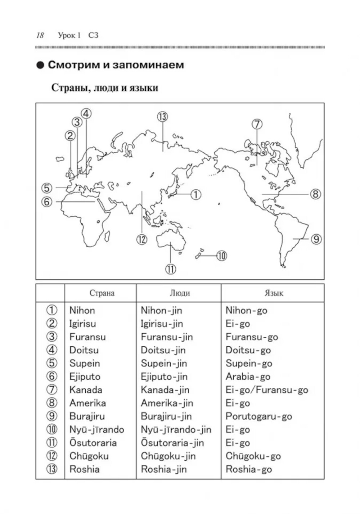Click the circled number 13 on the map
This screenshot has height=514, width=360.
(x=162, y=117)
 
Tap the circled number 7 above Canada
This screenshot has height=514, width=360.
(x=257, y=124)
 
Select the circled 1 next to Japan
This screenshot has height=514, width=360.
(x=195, y=195)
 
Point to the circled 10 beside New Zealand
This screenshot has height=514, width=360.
(x=221, y=256)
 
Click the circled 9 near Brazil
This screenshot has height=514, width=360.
(x=316, y=239)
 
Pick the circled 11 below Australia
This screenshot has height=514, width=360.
(x=170, y=269)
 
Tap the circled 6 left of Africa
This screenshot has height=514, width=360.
(x=47, y=202)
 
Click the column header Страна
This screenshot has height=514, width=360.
(x=102, y=293)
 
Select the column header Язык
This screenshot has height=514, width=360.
(x=274, y=293)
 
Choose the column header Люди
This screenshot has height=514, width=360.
(x=180, y=293)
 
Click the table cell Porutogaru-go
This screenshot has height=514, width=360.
(x=258, y=416)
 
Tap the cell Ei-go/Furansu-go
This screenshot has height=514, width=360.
(x=267, y=390)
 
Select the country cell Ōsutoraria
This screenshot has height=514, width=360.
(x=93, y=443)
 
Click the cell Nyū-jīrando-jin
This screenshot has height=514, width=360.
(x=176, y=430)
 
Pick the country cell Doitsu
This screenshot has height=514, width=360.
(x=84, y=350)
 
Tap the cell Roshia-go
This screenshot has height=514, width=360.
(x=248, y=469)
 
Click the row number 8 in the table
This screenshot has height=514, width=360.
(x=52, y=403)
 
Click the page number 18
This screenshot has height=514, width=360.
(x=40, y=35)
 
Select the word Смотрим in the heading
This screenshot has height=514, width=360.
(x=74, y=65)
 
